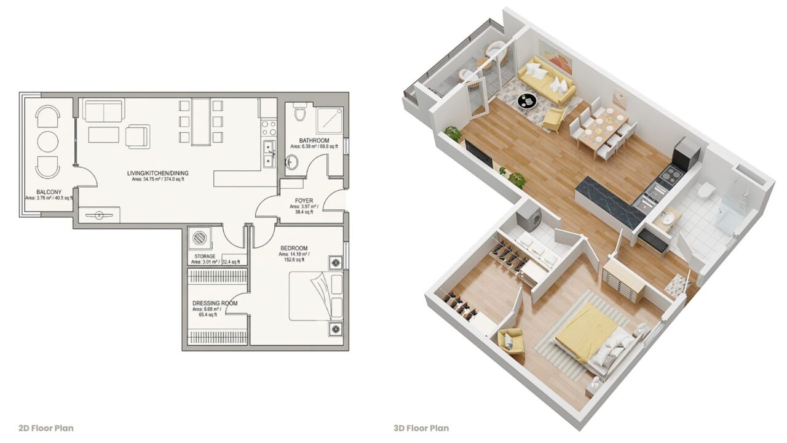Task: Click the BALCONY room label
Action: click(49, 192)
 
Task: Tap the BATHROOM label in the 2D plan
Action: click(314, 140)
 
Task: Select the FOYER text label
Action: click(304, 201)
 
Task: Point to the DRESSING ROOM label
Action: click(215, 303)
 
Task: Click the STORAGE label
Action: click(205, 257)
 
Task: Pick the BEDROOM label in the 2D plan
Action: click(294, 248)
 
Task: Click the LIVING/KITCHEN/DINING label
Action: click(158, 173)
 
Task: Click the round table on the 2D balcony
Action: click(48, 142)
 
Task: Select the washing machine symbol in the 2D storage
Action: click(200, 238)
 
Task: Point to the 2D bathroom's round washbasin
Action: click(292, 162)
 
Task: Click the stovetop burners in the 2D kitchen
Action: click(269, 128)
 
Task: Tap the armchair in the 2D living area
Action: click(138, 137)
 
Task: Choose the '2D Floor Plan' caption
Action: click(46, 428)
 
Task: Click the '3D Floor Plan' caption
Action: click(421, 428)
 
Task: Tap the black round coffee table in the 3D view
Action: click(527, 102)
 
